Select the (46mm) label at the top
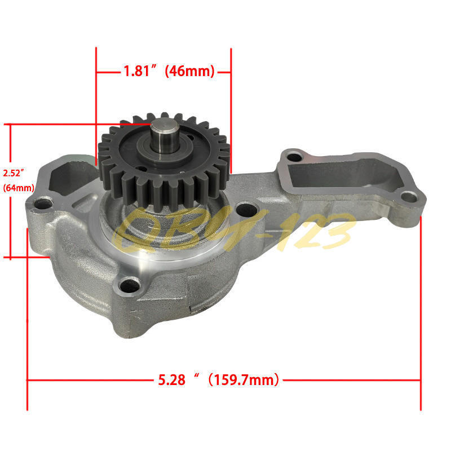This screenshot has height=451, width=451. click(189, 71)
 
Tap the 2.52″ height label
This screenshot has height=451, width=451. click(13, 173)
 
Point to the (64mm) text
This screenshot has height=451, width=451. click(19, 188)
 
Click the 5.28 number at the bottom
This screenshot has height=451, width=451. click(172, 380)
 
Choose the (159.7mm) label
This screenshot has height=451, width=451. click(244, 380)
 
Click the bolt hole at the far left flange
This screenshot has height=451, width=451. click(43, 204)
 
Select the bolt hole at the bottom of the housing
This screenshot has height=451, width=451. click(130, 285)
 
